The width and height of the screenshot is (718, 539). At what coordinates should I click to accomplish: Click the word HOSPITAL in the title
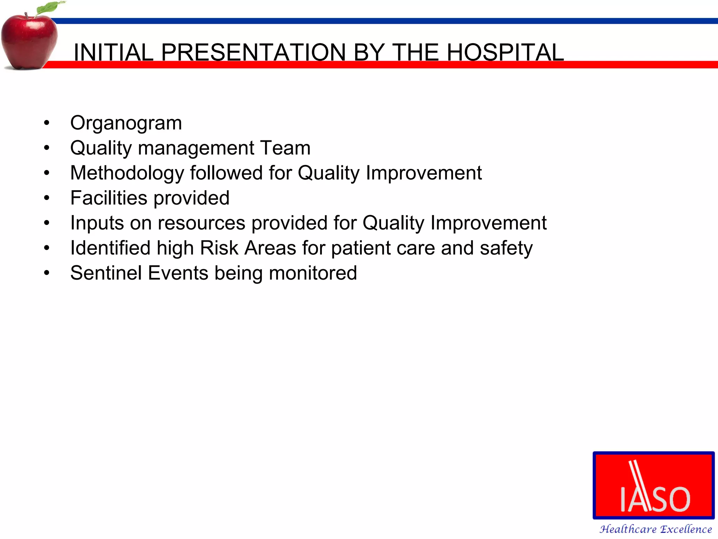click(505, 52)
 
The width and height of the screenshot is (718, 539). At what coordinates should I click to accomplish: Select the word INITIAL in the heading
click(113, 52)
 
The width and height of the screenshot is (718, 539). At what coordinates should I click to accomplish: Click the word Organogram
click(126, 123)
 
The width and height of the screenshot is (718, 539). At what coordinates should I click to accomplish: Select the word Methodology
click(127, 173)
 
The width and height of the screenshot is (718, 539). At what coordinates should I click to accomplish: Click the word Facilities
click(109, 198)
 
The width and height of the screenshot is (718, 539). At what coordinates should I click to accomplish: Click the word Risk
click(219, 248)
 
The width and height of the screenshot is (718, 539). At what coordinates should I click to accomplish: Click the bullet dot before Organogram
click(47, 123)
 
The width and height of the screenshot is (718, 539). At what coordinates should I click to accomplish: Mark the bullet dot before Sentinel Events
click(47, 273)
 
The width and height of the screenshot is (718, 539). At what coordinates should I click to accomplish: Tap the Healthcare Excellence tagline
click(655, 529)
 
